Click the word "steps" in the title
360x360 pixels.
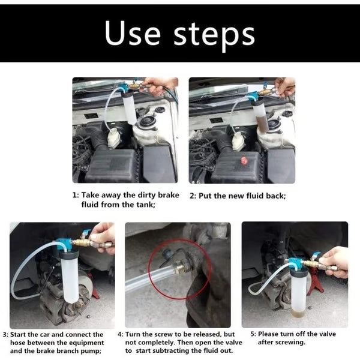213,36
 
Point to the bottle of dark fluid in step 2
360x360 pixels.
259,115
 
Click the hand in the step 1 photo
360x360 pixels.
160,85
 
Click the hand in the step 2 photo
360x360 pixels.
284,86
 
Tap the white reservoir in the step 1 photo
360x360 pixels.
115,139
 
